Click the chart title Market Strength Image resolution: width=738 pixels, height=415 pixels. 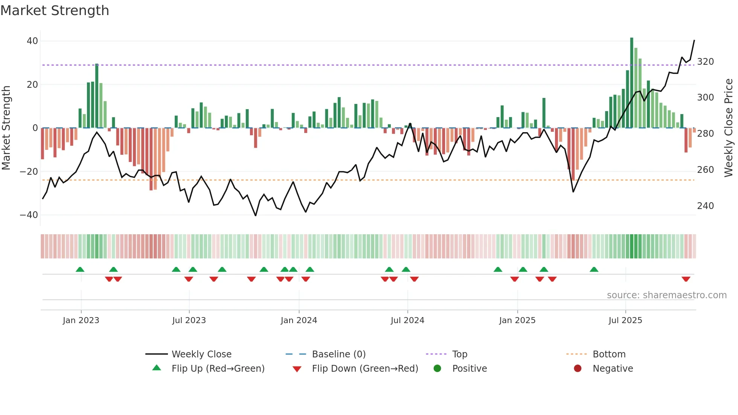click(55, 10)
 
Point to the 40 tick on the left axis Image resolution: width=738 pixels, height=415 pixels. click(32, 41)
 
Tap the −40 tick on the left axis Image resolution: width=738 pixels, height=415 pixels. click(29, 215)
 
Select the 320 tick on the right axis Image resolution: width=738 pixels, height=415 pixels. click(705, 62)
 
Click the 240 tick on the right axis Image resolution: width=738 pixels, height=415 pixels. click(705, 206)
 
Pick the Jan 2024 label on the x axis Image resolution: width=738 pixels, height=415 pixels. click(299, 320)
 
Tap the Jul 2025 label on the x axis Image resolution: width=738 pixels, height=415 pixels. click(625, 320)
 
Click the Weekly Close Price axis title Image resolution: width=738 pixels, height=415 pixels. click(729, 128)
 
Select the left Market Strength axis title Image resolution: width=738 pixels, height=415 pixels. click(6, 128)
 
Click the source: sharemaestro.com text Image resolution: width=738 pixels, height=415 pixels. click(666, 295)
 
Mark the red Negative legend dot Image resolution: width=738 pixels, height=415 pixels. click(578, 369)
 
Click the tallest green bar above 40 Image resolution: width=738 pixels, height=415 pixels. click(632, 83)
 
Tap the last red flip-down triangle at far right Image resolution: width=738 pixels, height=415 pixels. click(686, 279)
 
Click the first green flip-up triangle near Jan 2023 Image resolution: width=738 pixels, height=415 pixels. click(80, 269)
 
